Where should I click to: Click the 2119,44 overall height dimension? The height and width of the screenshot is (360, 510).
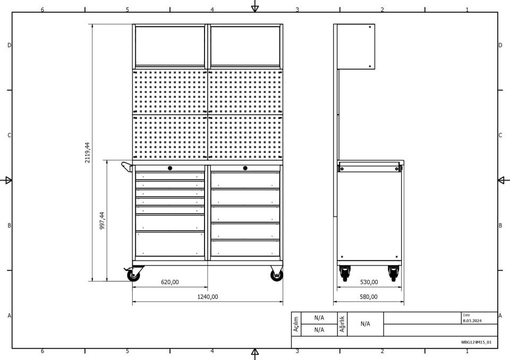tap(87, 152)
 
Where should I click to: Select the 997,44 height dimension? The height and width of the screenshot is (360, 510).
tap(102, 220)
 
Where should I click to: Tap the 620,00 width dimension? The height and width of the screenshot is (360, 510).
tap(170, 282)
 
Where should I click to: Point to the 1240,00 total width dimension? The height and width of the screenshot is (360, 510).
tap(208, 297)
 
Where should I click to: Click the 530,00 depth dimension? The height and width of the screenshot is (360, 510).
tap(369, 282)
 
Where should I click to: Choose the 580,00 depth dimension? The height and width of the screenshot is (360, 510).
tap(369, 297)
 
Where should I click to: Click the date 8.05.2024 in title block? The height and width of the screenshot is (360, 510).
tap(472, 321)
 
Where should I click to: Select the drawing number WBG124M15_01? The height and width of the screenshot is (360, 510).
tap(476, 342)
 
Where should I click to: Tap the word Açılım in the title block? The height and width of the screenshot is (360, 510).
tap(296, 324)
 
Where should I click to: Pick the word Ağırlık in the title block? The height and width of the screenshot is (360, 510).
tap(342, 324)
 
